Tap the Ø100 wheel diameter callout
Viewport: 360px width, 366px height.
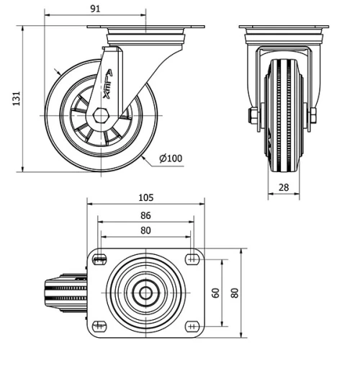(170, 159)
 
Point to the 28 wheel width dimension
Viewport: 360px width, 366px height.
(284, 187)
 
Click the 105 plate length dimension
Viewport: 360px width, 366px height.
(146, 197)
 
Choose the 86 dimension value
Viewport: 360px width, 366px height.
(146, 215)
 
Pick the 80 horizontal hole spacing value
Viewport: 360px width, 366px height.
(146, 231)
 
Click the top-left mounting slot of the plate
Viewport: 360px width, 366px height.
(99, 259)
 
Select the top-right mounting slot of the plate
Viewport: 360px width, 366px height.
(192, 259)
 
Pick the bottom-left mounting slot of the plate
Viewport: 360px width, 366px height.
(99, 324)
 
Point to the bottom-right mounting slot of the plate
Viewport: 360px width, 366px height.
(192, 324)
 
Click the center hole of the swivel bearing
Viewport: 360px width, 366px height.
(146, 293)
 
